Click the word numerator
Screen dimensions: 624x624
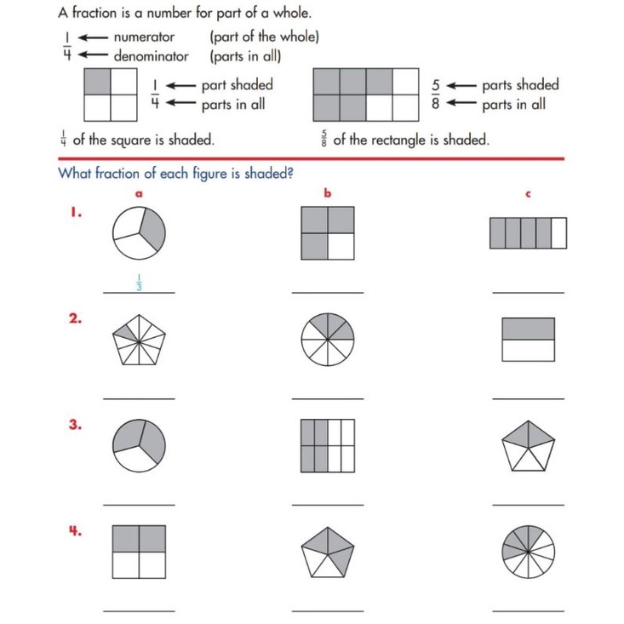[144, 37]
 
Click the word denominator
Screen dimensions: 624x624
[152, 56]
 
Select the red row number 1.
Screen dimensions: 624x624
[76, 214]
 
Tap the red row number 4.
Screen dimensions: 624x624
[76, 530]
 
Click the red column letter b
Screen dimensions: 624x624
[327, 194]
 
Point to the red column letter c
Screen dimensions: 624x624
[528, 195]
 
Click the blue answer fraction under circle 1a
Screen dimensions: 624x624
[138, 283]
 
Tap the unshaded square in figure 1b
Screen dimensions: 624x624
[341, 247]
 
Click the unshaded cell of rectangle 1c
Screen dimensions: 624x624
[558, 233]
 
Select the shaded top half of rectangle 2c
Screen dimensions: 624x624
[528, 329]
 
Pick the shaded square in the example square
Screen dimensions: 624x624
[98, 82]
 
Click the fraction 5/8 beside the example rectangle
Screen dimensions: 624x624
[436, 94]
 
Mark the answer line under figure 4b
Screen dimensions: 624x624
[327, 610]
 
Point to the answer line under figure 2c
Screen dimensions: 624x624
[528, 398]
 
